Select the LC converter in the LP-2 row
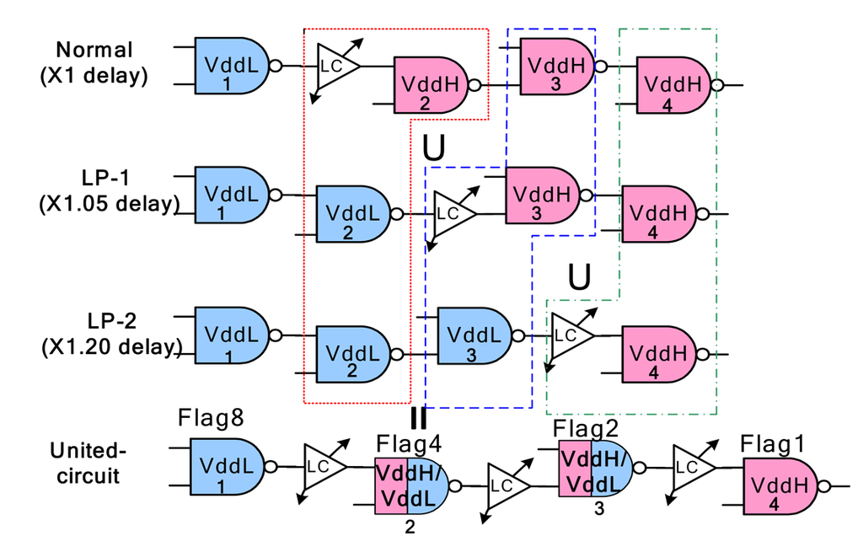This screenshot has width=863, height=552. coord(570,335)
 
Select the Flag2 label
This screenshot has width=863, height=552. coord(587,428)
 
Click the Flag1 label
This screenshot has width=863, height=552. coord(774,442)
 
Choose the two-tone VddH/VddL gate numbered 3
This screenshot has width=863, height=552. coord(596,468)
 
